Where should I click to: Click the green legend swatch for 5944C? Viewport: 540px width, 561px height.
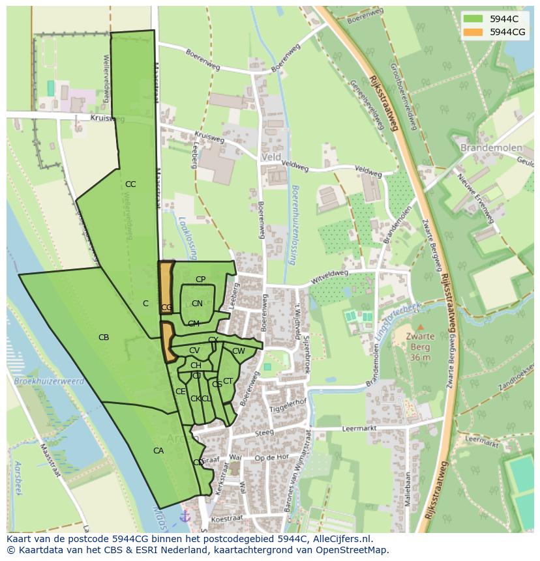(473, 19)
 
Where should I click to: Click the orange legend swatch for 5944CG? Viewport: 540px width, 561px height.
(473, 32)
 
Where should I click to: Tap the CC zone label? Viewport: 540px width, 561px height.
(130, 184)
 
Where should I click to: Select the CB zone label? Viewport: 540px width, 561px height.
(104, 338)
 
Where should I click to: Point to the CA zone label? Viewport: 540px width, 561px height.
(158, 451)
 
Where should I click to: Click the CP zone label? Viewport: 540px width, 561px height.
(200, 280)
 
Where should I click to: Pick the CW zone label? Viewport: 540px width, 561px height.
(239, 351)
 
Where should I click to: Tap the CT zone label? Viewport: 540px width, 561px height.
(228, 381)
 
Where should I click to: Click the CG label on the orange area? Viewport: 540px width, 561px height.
(166, 308)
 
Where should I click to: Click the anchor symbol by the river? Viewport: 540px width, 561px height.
(185, 516)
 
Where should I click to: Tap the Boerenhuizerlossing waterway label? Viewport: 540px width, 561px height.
(295, 225)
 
